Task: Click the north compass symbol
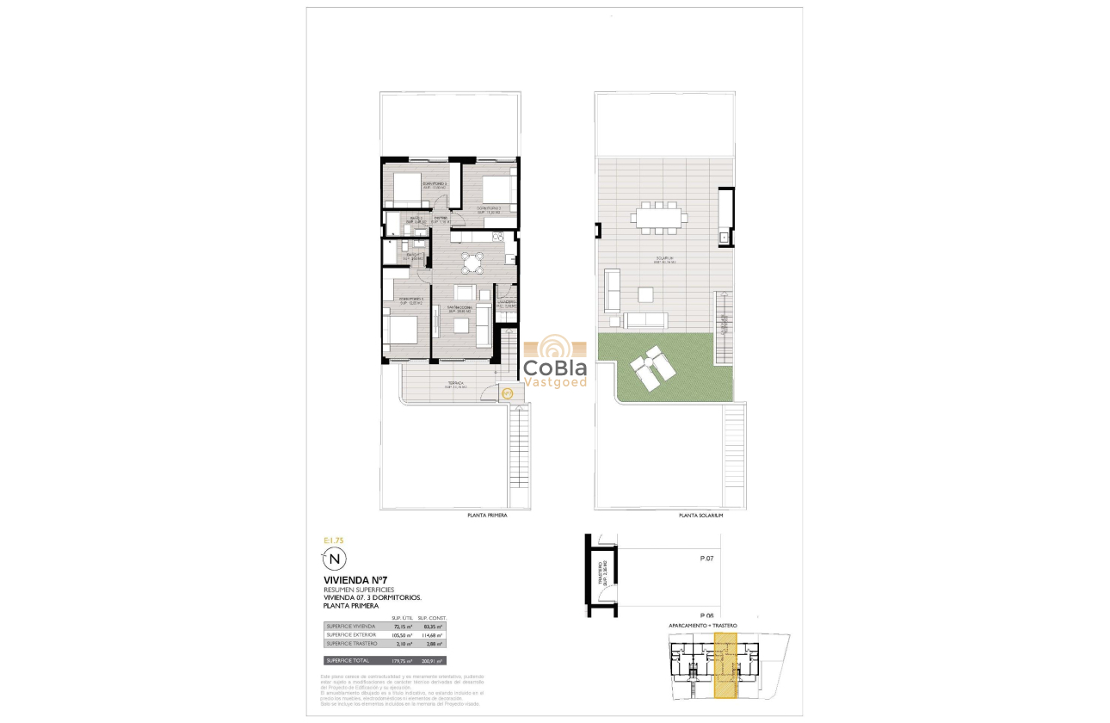pos(336,559)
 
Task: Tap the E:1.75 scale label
pos(333,540)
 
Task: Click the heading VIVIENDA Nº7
pos(351,580)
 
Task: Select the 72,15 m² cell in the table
pos(404,627)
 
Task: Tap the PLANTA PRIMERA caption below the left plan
pos(487,515)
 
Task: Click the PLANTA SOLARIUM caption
pos(700,515)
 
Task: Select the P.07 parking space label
pos(707,559)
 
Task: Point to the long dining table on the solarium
pos(659,216)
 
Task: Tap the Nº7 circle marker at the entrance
pos(508,393)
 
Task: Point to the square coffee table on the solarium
pos(645,295)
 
